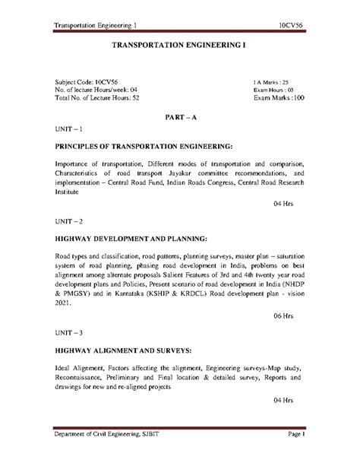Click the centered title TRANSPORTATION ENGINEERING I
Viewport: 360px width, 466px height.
(179, 46)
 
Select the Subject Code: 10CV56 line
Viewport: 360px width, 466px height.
(82, 80)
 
